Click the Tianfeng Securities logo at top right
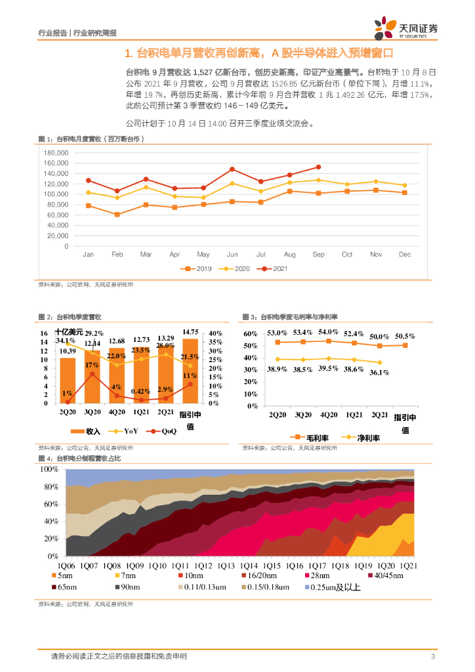click(x=406, y=29)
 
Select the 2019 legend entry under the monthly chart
click(x=197, y=268)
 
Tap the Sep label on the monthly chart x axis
click(x=318, y=254)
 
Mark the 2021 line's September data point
click(x=318, y=167)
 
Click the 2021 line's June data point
click(x=232, y=169)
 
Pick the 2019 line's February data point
click(x=117, y=215)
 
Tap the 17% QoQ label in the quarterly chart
click(x=92, y=365)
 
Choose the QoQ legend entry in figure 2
click(x=163, y=431)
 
